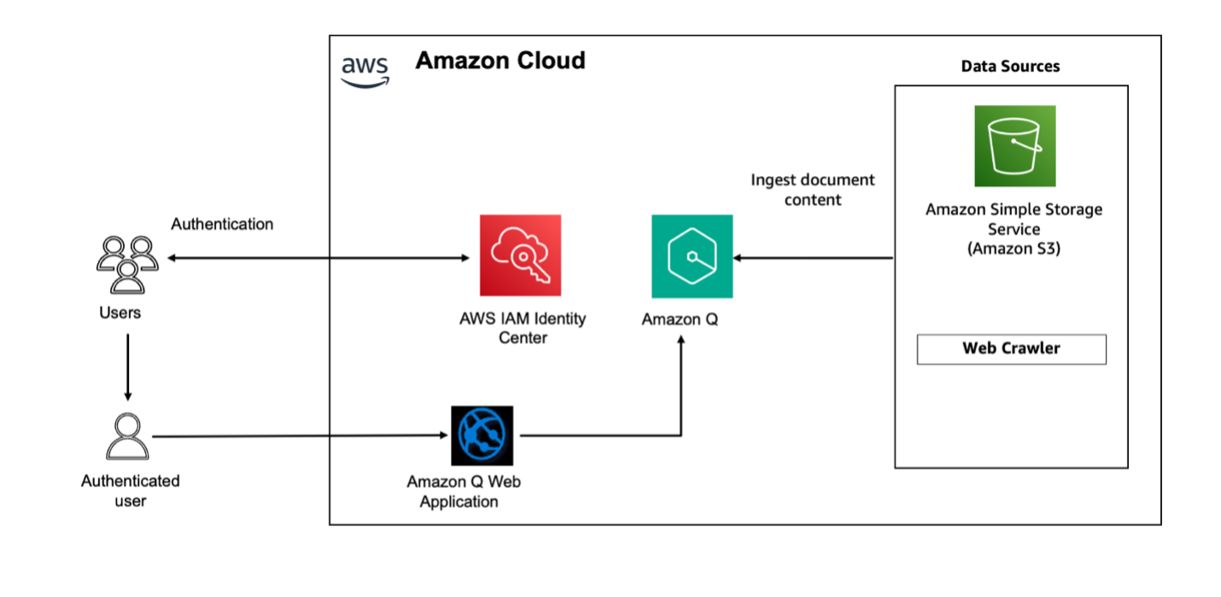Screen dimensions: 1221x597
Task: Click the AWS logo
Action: pyautogui.click(x=365, y=72)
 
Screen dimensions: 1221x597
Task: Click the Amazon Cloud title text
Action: pyautogui.click(x=500, y=61)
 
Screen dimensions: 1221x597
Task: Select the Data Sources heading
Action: pyautogui.click(x=1010, y=66)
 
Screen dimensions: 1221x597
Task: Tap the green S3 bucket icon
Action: pyautogui.click(x=1015, y=146)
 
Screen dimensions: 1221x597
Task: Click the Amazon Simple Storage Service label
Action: pyautogui.click(x=1014, y=229)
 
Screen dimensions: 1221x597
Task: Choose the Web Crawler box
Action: pyautogui.click(x=1012, y=349)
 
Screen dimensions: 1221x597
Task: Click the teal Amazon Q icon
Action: pyautogui.click(x=692, y=256)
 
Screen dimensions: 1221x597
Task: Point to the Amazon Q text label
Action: pyautogui.click(x=680, y=319)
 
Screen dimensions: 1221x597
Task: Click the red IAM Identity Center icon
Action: pyautogui.click(x=521, y=255)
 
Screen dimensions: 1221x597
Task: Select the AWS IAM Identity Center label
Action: pyautogui.click(x=523, y=328)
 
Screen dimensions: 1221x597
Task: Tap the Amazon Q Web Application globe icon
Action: pyautogui.click(x=482, y=436)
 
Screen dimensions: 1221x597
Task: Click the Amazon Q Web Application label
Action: pyautogui.click(x=464, y=491)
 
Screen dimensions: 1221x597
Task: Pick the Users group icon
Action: pyautogui.click(x=127, y=265)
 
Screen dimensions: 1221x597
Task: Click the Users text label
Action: pyautogui.click(x=120, y=313)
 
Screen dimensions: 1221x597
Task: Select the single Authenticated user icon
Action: pyautogui.click(x=127, y=436)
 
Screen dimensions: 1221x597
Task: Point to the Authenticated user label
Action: pyautogui.click(x=131, y=491)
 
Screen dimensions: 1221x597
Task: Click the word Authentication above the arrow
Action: pyautogui.click(x=222, y=224)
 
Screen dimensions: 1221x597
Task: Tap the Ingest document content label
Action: pyautogui.click(x=813, y=190)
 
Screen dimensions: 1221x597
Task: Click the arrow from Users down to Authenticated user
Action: pyautogui.click(x=128, y=367)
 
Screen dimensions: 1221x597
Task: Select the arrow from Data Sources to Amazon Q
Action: pyautogui.click(x=813, y=258)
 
